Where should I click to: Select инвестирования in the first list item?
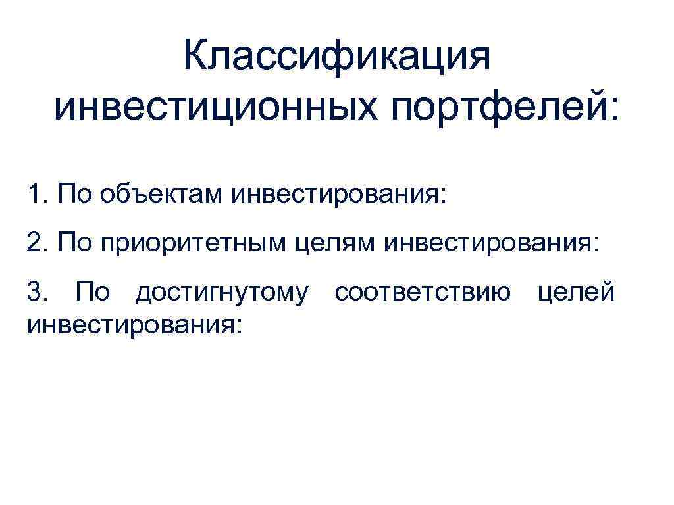pos(335,195)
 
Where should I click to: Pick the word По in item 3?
pos(92,291)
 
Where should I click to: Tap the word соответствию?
pos(422,292)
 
